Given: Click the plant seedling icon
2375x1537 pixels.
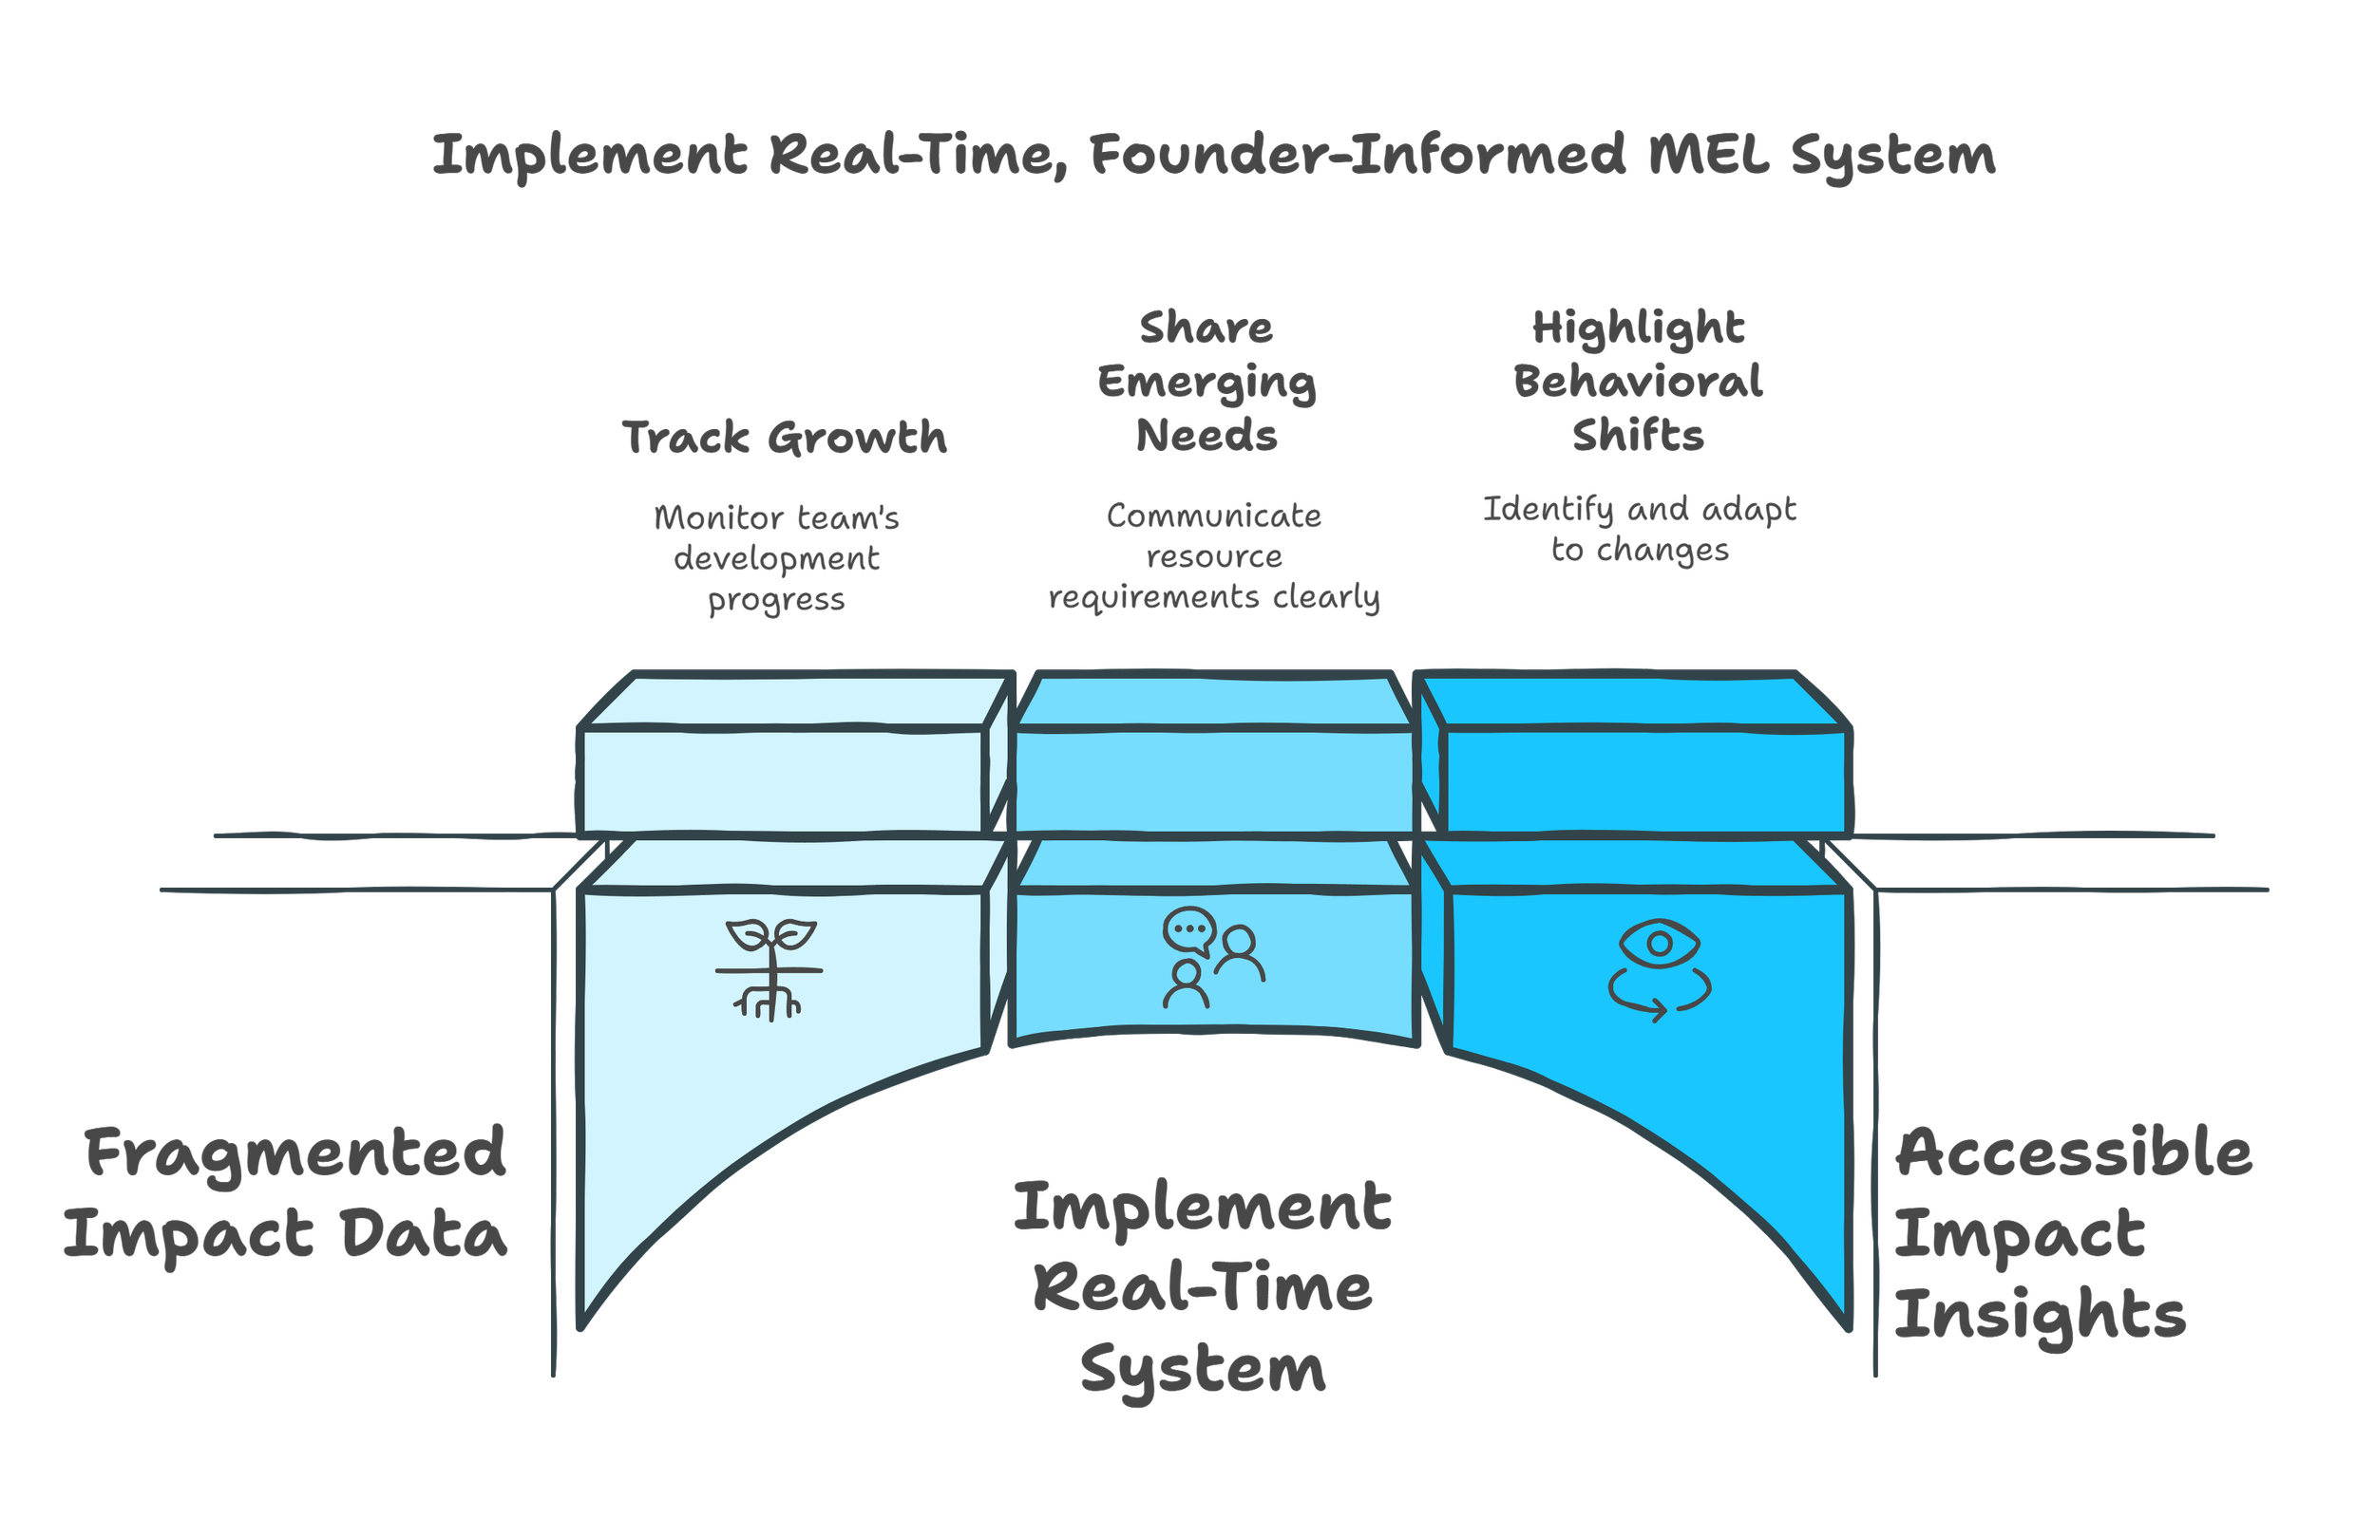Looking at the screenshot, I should [x=770, y=968].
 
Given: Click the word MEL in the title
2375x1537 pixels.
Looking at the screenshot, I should [x=1709, y=156].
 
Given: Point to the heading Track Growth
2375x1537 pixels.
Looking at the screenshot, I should [x=785, y=437].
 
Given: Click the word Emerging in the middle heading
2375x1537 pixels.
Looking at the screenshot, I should [x=1206, y=382].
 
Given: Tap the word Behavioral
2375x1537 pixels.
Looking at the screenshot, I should [x=1638, y=381].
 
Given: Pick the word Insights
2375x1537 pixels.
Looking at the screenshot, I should [x=2040, y=1315].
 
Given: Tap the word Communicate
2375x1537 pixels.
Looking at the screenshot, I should [x=1213, y=515].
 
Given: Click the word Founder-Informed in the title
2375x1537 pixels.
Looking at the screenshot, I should [x=1358, y=156].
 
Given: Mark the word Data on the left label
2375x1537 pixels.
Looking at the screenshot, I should [x=423, y=1235].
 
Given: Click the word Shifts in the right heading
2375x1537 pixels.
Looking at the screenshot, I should [x=1638, y=436].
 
